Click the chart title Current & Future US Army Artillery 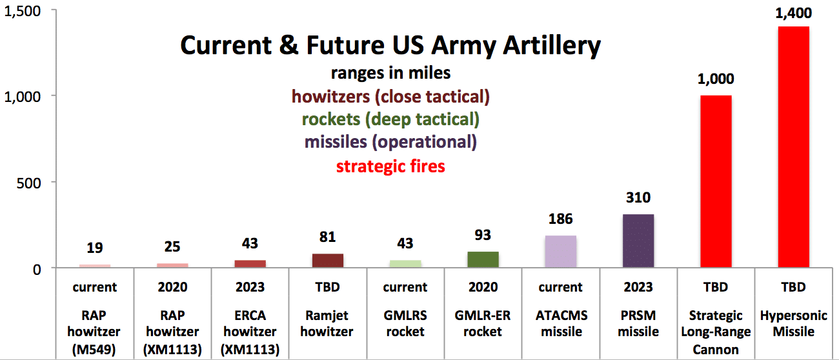pos(390,46)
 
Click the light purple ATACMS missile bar pos(560,252)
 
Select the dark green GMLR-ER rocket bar pos(483,259)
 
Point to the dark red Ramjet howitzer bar pos(328,261)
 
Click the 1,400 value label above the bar pos(793,12)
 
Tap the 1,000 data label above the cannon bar pos(715,81)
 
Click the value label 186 pos(560,219)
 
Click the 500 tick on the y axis pos(29,183)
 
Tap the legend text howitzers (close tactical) pos(390,97)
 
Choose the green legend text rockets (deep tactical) pos(390,119)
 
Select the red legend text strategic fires pos(390,166)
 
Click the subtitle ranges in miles pos(390,74)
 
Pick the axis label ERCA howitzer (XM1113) pos(250,332)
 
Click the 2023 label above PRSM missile pos(638,287)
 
